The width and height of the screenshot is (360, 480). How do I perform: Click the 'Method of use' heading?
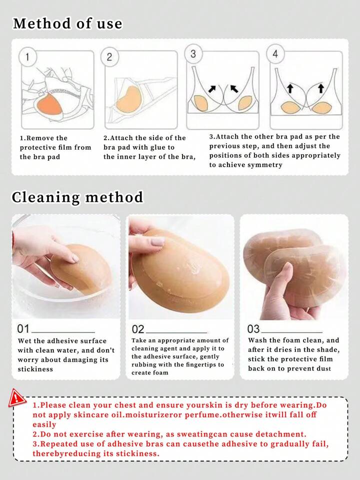coord(67,24)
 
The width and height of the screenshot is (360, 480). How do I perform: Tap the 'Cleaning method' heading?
coord(77,197)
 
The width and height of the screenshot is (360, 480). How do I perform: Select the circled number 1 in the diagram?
coord(27,57)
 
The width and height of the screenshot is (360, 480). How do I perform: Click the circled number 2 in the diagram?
coord(109,57)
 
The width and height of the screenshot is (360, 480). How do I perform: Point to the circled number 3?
coord(193,54)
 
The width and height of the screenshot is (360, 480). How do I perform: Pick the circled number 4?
coord(275,54)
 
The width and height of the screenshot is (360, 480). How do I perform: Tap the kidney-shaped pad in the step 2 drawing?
coord(128,98)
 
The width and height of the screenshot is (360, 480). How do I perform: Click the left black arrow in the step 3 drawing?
coord(212,89)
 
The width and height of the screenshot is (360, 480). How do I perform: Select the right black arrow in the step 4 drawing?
coord(320,88)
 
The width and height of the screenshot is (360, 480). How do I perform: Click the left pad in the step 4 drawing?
coord(291,107)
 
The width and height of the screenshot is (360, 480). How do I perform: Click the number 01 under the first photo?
coord(23,329)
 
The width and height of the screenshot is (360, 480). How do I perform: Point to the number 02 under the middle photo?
coord(138,329)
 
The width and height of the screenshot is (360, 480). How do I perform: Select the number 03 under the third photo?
coord(253,329)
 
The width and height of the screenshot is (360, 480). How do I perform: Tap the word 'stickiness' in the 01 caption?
coord(35,369)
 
